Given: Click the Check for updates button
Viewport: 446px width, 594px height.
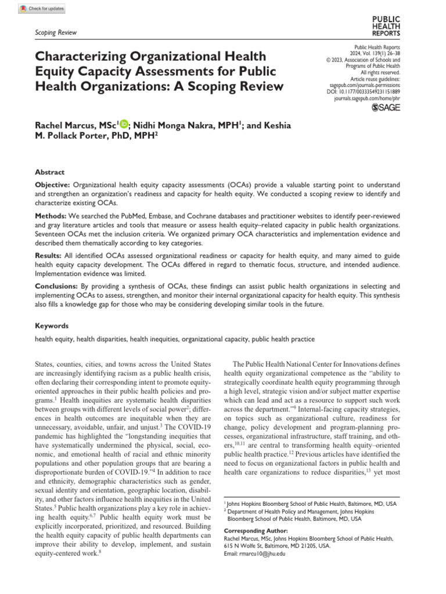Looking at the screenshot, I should point(42,9).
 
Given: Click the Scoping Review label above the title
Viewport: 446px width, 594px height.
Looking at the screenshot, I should point(56,32).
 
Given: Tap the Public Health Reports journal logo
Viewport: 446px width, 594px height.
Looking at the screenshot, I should point(386,26).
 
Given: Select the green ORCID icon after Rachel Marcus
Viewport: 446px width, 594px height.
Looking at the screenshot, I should point(123,124).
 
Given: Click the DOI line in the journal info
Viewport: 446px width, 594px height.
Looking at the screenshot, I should point(368,92).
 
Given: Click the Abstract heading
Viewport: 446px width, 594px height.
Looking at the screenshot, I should point(50,172).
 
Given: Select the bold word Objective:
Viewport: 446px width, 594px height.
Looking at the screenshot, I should point(55,184).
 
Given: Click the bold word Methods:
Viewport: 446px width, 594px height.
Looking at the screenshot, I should point(52,216).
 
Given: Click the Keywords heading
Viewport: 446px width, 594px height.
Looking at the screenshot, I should point(52,326).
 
